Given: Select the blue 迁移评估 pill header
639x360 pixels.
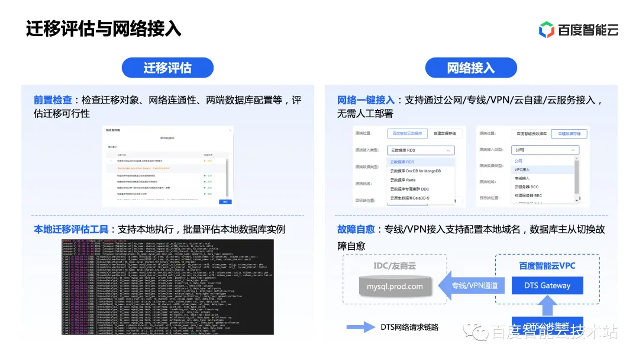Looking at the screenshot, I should [x=167, y=68].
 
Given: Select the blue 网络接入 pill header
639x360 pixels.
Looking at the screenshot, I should [x=471, y=68].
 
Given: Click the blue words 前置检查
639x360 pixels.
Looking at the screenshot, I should [x=53, y=101].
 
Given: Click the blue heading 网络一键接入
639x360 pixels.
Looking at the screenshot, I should [x=366, y=101].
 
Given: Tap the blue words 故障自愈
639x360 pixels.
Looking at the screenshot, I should [x=356, y=229].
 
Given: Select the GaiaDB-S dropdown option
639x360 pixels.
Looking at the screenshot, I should [x=410, y=198].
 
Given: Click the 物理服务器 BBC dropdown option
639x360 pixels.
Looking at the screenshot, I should [x=528, y=195].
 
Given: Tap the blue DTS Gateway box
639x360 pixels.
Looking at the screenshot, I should [x=547, y=285].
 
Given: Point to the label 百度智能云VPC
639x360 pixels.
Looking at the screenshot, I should [x=547, y=266].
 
